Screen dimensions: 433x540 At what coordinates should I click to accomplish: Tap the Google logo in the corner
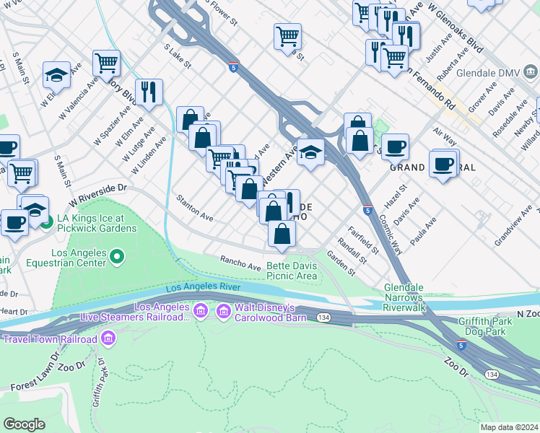pyautogui.click(x=24, y=424)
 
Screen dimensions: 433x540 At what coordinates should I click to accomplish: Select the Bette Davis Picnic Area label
pyautogui.click(x=292, y=271)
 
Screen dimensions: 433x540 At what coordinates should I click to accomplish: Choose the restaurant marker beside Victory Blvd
pyautogui.click(x=149, y=92)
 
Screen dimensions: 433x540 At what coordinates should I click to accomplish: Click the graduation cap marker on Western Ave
pyautogui.click(x=310, y=152)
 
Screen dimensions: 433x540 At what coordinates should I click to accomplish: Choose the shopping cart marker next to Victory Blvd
pyautogui.click(x=106, y=64)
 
